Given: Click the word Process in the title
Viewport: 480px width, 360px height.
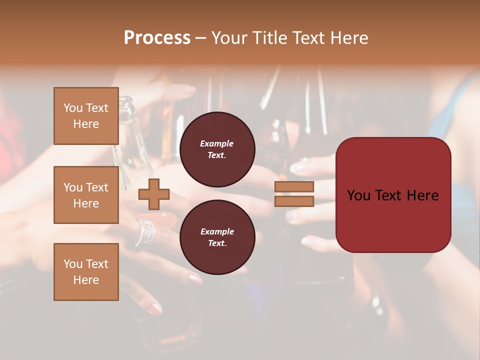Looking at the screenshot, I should [x=157, y=38].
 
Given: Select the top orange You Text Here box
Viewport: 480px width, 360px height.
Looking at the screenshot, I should [x=86, y=116].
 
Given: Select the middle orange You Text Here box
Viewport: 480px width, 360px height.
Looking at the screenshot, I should [x=86, y=195].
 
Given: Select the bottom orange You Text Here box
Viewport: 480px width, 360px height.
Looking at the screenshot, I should [x=86, y=272].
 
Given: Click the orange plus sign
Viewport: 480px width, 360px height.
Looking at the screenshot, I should [x=153, y=194].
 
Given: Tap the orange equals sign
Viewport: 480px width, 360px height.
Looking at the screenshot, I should [x=294, y=194].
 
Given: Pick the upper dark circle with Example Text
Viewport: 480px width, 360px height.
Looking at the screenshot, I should [x=217, y=149].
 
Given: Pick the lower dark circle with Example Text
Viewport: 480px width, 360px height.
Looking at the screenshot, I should [x=217, y=237].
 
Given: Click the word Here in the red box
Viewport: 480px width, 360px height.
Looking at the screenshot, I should [x=422, y=195].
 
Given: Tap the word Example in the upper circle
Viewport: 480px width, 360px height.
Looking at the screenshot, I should [x=217, y=144].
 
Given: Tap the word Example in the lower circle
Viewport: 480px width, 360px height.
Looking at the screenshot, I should [x=217, y=232].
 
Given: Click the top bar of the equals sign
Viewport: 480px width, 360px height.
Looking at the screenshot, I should [x=294, y=187].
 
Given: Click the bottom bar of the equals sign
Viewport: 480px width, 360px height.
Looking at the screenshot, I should [x=294, y=201].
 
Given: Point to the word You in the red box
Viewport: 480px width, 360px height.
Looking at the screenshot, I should [x=358, y=195].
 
